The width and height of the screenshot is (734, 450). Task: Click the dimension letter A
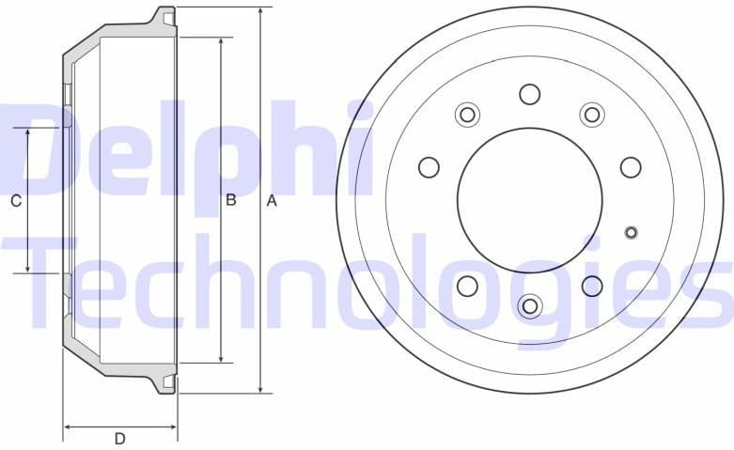pos(273,200)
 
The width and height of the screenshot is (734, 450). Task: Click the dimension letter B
pos(230,200)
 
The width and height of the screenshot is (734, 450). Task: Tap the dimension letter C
pos(15,200)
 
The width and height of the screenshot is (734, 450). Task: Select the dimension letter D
pos(120,439)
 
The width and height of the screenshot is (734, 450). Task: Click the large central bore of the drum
pos(529,200)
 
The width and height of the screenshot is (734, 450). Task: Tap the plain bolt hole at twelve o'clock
pos(529,94)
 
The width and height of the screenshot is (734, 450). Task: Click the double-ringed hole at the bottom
pos(529,306)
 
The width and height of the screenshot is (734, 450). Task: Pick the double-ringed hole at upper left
pos(467,115)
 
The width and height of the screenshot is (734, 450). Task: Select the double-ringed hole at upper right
pos(591,115)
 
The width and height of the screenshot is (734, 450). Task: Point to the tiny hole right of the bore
pos(631,233)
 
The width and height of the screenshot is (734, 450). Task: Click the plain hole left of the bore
pos(429,167)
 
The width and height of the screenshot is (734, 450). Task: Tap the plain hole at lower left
pos(467,286)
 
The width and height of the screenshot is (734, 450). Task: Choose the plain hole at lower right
pos(591,286)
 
